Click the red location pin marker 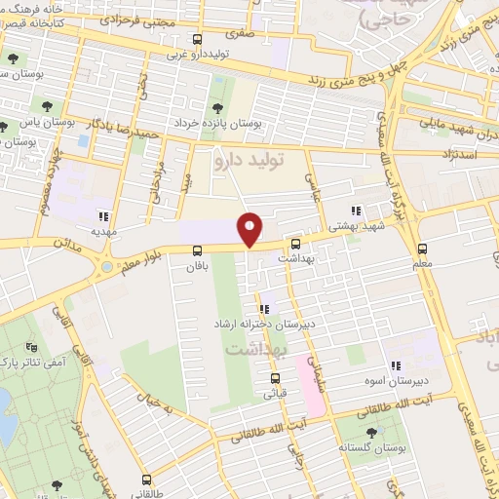250,229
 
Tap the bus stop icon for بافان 197,250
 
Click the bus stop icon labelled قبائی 275,379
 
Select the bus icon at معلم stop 422,249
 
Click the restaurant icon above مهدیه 103,216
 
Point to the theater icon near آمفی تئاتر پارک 31,346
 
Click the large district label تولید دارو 234,155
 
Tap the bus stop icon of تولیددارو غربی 198,40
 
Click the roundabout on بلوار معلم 104,265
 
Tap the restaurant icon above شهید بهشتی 356,210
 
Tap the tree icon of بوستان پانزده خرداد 217,108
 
